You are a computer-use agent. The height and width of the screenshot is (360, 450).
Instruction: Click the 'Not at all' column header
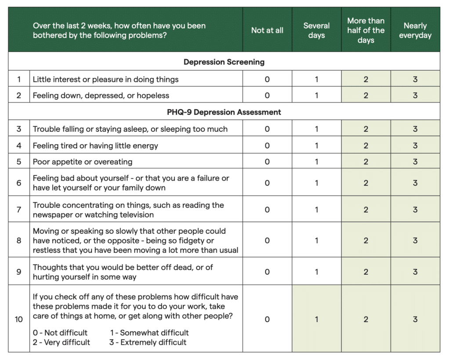click(x=267, y=30)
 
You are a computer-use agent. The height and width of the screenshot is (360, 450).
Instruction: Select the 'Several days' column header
click(x=316, y=30)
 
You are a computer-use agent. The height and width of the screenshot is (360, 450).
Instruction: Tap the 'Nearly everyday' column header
click(x=415, y=30)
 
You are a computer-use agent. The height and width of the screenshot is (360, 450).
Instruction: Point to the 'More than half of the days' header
click(x=366, y=30)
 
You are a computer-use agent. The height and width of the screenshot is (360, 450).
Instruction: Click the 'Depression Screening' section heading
click(x=224, y=62)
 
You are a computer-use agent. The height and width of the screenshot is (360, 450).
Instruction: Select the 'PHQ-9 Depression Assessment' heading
click(x=224, y=112)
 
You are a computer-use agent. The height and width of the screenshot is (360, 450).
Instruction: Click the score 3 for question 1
click(x=415, y=80)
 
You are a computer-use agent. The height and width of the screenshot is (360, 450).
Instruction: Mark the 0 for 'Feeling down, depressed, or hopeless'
click(x=267, y=95)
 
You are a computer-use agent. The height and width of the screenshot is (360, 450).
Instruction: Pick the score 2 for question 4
click(x=366, y=145)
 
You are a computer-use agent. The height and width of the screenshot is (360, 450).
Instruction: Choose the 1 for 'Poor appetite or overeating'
click(x=316, y=162)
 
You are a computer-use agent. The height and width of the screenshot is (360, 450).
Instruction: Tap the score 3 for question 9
click(x=415, y=272)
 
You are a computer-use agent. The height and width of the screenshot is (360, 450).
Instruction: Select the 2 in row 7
click(x=366, y=210)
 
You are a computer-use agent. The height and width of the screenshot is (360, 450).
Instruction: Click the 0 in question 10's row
click(x=267, y=320)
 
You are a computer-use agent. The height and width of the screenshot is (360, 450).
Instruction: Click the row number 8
click(x=19, y=240)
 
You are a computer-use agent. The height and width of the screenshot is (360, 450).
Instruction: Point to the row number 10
click(x=19, y=320)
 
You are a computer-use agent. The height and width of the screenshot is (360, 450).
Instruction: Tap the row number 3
click(x=19, y=129)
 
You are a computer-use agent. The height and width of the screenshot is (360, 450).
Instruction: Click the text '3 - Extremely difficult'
click(x=148, y=342)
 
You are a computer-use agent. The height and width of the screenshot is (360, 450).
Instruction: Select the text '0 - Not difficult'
click(x=60, y=333)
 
